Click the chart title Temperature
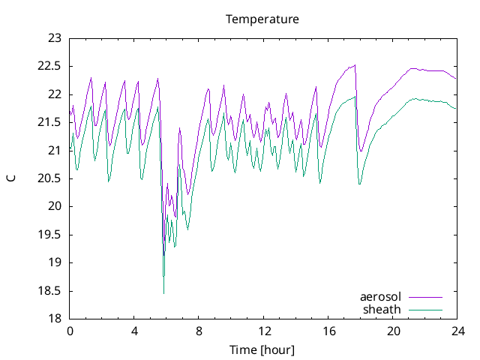tap(262, 19)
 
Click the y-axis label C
tap(11, 178)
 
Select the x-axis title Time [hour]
tap(262, 349)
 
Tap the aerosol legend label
tap(381, 297)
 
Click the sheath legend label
tap(382, 309)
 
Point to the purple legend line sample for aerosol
tap(425, 297)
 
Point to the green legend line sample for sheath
tap(425, 309)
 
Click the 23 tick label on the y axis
tap(54, 38)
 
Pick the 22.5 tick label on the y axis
tap(49, 66)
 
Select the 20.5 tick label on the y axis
tap(49, 178)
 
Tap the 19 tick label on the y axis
tap(54, 262)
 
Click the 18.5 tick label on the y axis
tap(49, 291)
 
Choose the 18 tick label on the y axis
tap(54, 319)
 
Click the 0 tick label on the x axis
tap(70, 331)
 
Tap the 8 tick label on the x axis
tap(199, 331)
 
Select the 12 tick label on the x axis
tap(264, 331)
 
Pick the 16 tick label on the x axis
tap(328, 331)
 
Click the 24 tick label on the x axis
tap(457, 331)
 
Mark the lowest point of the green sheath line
tap(163, 293)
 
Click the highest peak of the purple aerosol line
tap(355, 64)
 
